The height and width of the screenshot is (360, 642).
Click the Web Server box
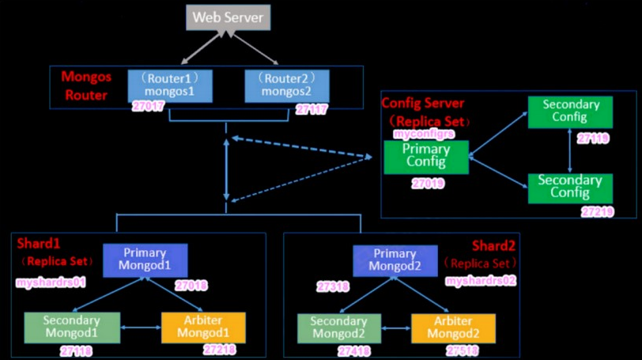[228, 17]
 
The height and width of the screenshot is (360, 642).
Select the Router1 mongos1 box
[170, 86]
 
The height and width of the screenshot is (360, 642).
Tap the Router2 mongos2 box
[287, 86]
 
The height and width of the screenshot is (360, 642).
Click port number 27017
[148, 107]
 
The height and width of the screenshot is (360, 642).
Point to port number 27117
[312, 109]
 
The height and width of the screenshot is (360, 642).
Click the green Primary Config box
[426, 157]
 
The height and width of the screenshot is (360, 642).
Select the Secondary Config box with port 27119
[570, 112]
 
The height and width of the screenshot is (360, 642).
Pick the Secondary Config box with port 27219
[570, 188]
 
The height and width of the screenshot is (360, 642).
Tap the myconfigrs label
[424, 134]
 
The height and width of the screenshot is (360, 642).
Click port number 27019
[428, 183]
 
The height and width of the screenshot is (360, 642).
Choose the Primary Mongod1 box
[145, 260]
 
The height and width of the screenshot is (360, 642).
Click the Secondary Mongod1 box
[72, 328]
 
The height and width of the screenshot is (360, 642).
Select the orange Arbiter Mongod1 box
[203, 328]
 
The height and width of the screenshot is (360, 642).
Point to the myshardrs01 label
[51, 282]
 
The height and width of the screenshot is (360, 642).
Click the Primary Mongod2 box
[395, 261]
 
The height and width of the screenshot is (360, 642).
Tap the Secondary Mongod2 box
[339, 328]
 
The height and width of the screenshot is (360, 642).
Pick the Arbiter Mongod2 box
[453, 328]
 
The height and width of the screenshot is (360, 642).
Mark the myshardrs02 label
[481, 281]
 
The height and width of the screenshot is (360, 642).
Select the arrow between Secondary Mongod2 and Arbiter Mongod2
[396, 328]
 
